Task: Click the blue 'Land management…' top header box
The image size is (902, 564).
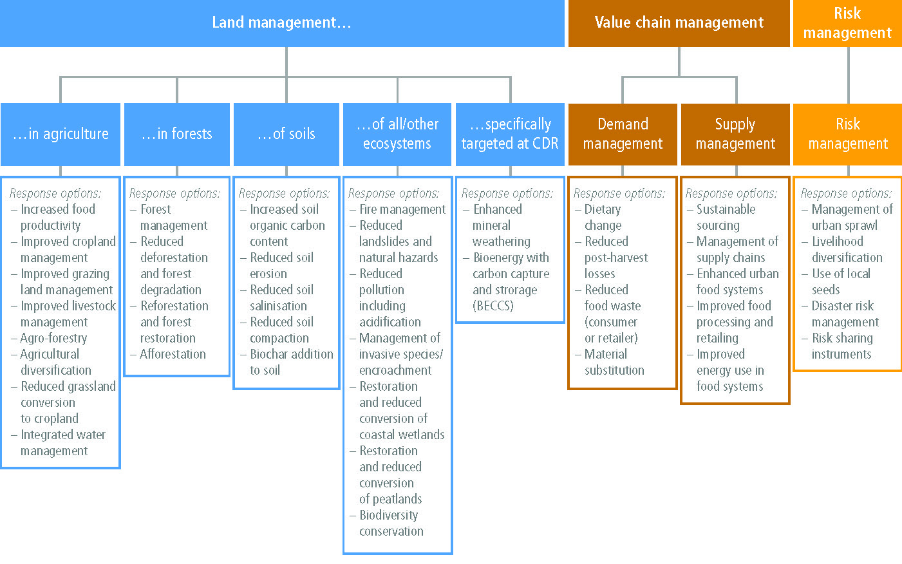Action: coord(282,23)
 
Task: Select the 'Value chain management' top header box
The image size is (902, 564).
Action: coord(679,23)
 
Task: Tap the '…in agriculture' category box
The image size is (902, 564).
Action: coord(61,134)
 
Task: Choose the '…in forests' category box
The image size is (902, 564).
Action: coord(177,134)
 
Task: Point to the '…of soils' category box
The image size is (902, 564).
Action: coord(287,134)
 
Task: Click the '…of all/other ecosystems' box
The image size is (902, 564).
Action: coord(397,134)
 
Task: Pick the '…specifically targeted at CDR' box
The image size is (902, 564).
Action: coord(510,134)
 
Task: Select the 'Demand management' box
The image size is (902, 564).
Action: coord(623,134)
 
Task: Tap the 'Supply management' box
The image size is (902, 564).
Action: coord(735,134)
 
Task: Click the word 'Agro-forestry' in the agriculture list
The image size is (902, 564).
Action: coord(53,338)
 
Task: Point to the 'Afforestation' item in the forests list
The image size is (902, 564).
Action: coord(173,354)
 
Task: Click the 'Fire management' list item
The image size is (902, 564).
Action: coord(402,209)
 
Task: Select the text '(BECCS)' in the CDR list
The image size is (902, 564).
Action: coord(493,306)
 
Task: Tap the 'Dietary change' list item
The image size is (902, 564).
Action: coord(603,218)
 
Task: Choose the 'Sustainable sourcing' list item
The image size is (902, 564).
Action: coord(726,218)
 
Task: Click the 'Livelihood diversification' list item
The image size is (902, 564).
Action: coord(847,250)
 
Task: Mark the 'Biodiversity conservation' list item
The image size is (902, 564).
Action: coord(391,523)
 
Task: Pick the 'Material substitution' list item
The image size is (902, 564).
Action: coord(614,362)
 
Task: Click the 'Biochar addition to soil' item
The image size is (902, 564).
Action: coord(292,362)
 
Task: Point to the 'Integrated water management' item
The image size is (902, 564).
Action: coord(63,443)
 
